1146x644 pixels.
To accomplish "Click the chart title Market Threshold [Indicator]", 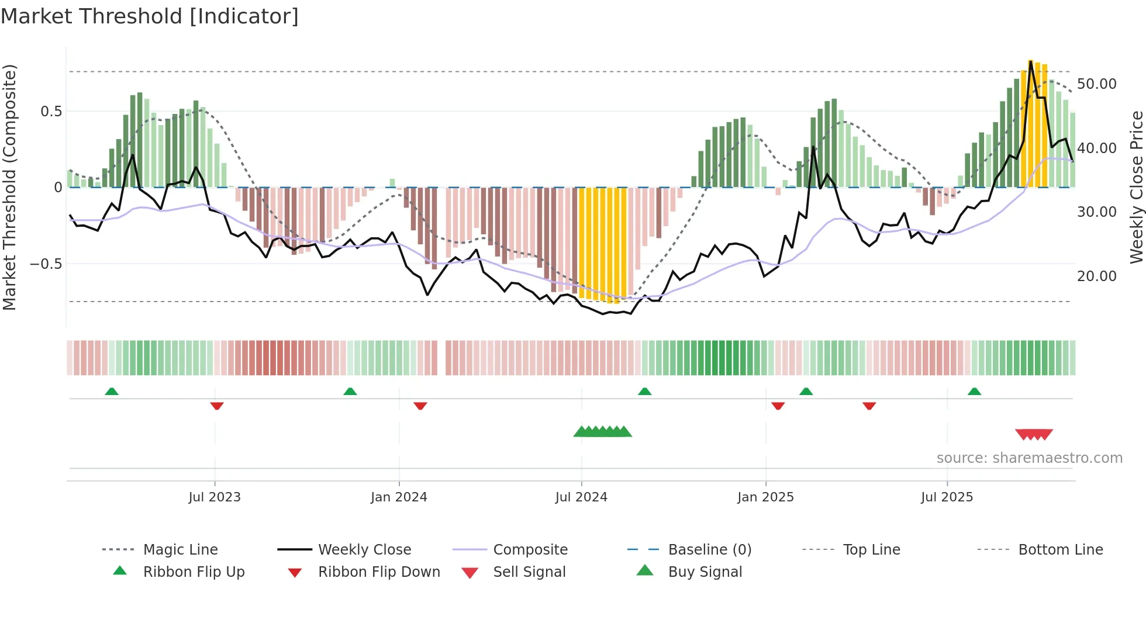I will coord(150,16).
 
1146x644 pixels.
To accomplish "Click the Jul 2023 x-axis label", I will coord(214,497).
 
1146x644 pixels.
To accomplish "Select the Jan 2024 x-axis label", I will coord(399,497).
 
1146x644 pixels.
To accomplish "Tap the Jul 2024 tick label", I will coord(581,497).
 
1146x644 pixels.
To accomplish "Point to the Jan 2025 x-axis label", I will coord(765,497).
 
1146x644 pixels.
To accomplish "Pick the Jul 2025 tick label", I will coord(947,497).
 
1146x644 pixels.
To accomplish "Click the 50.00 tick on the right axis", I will coord(1096,84).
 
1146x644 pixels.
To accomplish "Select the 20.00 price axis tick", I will coord(1096,276).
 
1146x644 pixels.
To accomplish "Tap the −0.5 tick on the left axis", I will coord(46,264).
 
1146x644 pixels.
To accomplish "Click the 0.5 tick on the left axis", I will coord(51,112).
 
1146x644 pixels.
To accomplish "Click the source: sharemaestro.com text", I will coord(1029,458).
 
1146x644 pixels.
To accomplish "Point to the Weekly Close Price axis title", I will coord(1135,187).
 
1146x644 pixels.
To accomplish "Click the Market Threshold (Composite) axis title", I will coord(9,187).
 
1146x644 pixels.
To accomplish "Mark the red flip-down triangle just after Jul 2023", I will coord(217,406).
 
